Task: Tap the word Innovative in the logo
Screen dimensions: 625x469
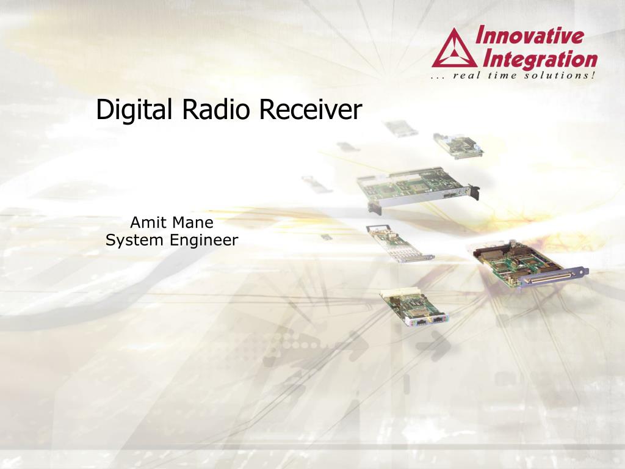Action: (530, 35)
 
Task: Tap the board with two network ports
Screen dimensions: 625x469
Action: (414, 308)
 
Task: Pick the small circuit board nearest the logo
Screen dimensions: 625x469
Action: (458, 146)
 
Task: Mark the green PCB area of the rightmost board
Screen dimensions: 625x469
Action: (518, 264)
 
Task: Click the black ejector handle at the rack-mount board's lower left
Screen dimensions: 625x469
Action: (374, 209)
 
